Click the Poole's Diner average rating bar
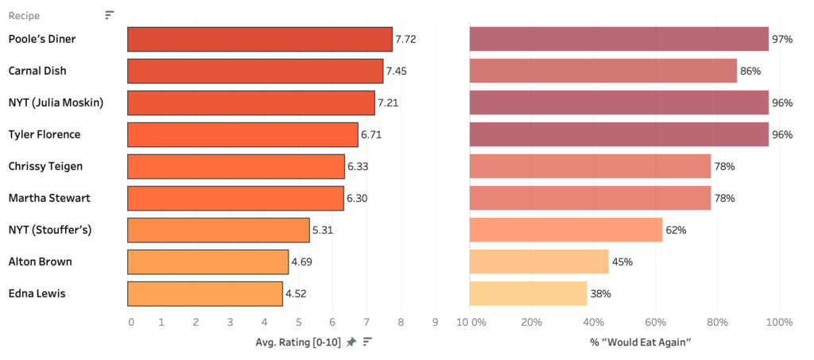tap(260, 39)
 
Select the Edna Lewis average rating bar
tap(205, 293)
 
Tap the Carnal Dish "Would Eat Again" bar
tap(603, 71)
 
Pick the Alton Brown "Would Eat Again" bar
tap(539, 261)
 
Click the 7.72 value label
tap(406, 39)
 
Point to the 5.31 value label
tap(323, 230)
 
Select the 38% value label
tap(600, 293)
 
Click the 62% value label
tap(676, 230)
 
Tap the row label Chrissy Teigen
tap(45, 166)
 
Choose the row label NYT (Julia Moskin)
tap(56, 103)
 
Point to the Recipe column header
tap(24, 15)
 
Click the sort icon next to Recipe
tap(110, 15)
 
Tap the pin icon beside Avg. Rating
tap(351, 342)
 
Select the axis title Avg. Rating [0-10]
tap(298, 342)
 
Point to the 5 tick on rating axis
tap(298, 322)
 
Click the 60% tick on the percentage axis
tap(655, 322)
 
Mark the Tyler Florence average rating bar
tap(242, 134)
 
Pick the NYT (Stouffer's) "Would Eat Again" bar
tap(566, 230)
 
